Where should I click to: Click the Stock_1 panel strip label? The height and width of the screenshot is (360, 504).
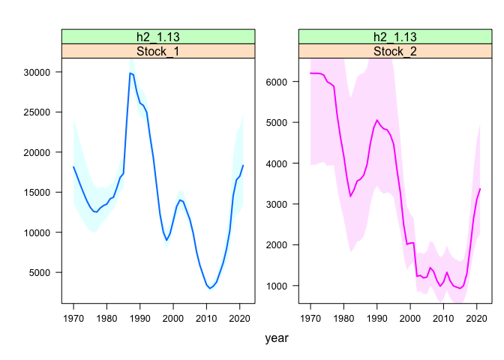tap(157, 51)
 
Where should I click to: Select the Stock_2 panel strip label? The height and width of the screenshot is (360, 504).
tap(394, 51)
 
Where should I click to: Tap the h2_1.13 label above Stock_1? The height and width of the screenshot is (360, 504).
tap(157, 37)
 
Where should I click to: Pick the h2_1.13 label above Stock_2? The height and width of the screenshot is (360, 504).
tap(394, 37)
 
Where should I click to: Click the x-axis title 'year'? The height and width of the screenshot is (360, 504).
tap(277, 338)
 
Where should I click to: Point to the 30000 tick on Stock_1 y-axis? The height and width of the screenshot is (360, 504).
tap(37, 72)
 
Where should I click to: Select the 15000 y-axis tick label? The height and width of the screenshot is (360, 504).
tap(37, 193)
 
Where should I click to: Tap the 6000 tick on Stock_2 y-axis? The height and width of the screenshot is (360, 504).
tap(278, 82)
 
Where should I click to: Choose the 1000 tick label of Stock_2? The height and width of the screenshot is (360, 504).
tap(278, 286)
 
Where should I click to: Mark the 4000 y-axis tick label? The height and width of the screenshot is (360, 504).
tap(278, 163)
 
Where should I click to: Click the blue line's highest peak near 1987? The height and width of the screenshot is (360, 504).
tap(130, 73)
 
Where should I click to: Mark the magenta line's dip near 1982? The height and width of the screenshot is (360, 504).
tap(350, 196)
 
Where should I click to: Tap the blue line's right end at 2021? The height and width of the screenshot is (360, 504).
tap(243, 165)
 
